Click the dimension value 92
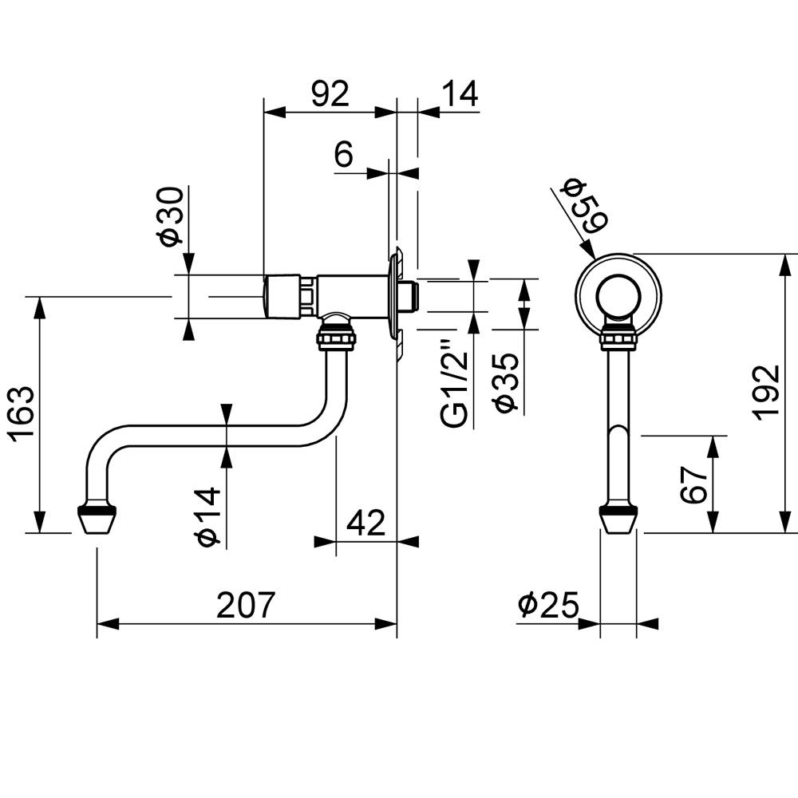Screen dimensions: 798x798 pos(330,95)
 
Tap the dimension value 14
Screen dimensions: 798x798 pos(459,95)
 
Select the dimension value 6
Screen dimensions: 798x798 pos(343,154)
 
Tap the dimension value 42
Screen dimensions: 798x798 pos(366,523)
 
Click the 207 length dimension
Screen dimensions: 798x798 pos(246,605)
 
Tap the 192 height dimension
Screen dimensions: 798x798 pos(767,392)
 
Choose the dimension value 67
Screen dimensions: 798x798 pos(695,484)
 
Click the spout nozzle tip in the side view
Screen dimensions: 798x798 pos(97,519)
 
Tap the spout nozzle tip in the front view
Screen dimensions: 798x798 pos(618,519)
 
